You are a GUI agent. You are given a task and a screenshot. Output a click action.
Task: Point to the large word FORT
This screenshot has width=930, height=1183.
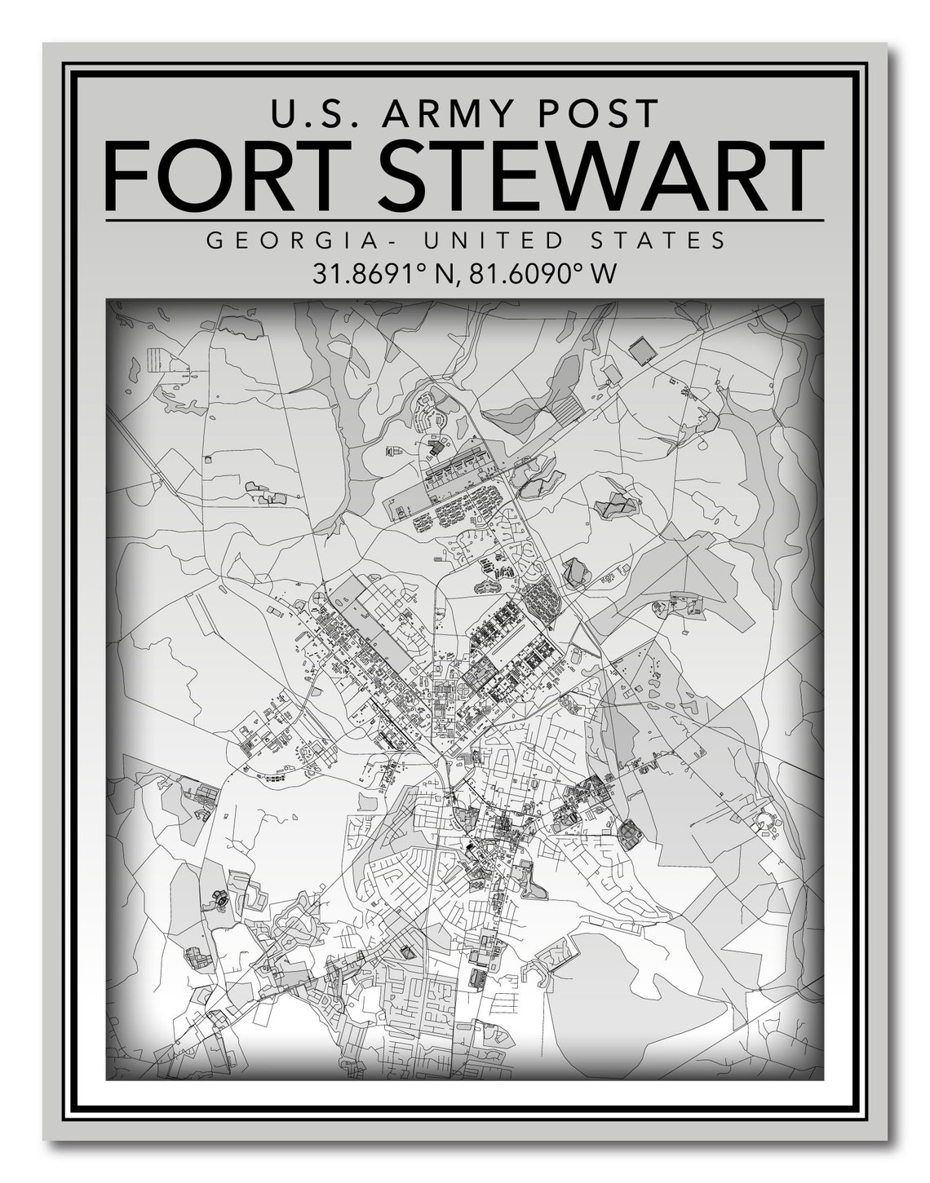232,175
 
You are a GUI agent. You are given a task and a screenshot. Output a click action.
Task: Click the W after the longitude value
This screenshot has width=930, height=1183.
604,272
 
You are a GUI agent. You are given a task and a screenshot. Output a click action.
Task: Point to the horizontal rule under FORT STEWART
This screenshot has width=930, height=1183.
464,220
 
